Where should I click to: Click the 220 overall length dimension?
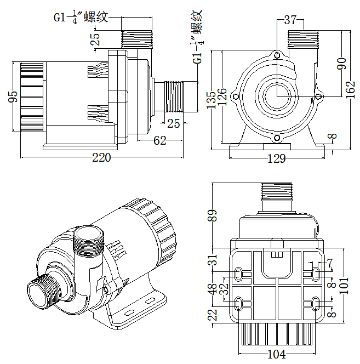click(x=101, y=158)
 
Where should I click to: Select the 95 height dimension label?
click(x=13, y=96)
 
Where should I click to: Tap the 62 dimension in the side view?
click(x=160, y=141)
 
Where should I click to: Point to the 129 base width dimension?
click(x=277, y=158)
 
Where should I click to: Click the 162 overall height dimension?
click(x=351, y=90)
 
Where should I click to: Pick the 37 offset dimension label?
click(x=290, y=20)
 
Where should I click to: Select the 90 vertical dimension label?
click(x=341, y=64)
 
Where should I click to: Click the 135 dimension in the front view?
click(x=211, y=100)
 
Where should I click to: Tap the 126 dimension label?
click(x=222, y=96)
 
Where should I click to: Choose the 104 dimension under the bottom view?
click(x=277, y=354)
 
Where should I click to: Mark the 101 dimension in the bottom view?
click(x=344, y=286)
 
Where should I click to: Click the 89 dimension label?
click(x=212, y=215)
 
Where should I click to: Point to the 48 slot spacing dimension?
click(x=213, y=289)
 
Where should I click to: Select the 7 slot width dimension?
click(x=330, y=263)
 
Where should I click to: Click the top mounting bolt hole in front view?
click(x=277, y=55)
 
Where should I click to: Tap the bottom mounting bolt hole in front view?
click(x=277, y=138)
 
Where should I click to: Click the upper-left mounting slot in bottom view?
click(x=238, y=274)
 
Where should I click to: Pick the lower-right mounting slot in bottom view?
click(x=316, y=303)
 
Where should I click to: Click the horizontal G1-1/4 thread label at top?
click(x=81, y=18)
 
